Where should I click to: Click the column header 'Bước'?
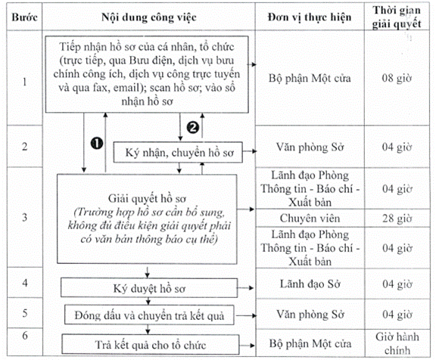point(24,17)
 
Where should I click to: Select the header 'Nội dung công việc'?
point(149,17)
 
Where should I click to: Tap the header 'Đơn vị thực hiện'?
point(310,17)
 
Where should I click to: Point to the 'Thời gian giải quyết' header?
point(397,17)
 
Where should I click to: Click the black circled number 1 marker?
point(97,144)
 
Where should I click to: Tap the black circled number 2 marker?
point(193,128)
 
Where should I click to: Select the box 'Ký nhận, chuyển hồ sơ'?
point(178,152)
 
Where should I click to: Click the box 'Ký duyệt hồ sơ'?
point(149,288)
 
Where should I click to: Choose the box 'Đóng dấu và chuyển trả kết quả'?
point(149,315)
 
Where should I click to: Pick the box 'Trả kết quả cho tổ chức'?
point(151,344)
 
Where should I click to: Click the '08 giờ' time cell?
point(397,78)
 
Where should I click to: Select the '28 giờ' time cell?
point(397,219)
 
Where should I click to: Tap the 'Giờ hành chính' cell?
point(397,343)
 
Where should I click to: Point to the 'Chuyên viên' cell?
point(310,219)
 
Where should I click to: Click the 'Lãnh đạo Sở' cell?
point(310,284)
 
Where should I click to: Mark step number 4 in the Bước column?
point(25,283)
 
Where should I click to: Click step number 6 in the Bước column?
point(25,336)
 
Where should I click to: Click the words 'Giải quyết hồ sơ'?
point(147,199)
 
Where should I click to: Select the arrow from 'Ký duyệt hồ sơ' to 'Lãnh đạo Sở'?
point(245,288)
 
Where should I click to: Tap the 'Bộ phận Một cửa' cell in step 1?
point(310,78)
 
